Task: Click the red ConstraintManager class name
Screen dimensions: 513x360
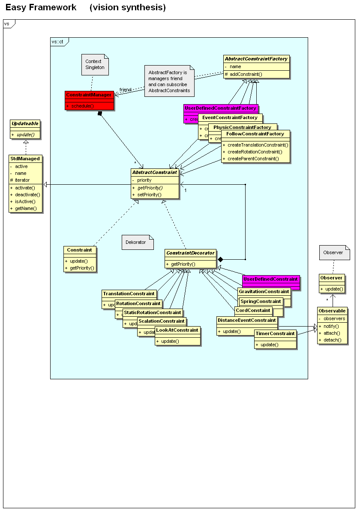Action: click(x=89, y=95)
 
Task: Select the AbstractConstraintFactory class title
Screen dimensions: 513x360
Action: click(x=256, y=59)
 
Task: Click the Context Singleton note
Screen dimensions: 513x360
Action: click(x=93, y=64)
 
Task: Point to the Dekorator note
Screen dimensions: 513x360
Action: click(x=136, y=242)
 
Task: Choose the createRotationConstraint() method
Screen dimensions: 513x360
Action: click(x=255, y=152)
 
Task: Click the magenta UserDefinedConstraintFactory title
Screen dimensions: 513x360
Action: click(x=220, y=108)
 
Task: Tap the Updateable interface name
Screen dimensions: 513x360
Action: click(x=25, y=123)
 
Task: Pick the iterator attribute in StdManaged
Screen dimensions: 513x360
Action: click(x=22, y=180)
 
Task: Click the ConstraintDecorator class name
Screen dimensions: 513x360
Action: click(x=190, y=253)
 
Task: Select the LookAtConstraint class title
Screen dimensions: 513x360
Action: click(x=177, y=330)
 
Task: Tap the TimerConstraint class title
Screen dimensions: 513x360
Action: click(x=275, y=333)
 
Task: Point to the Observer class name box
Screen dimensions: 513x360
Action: click(x=331, y=278)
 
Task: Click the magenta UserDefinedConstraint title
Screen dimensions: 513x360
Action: click(x=270, y=279)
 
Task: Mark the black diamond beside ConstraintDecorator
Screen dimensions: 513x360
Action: click(x=220, y=259)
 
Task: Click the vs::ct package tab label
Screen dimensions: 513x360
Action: click(x=57, y=42)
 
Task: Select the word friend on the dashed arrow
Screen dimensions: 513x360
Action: click(x=125, y=90)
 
